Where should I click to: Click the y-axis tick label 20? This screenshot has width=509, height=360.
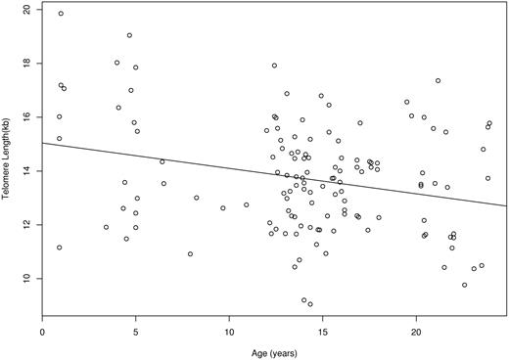click(25, 9)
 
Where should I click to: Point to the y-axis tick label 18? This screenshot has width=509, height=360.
click(25, 63)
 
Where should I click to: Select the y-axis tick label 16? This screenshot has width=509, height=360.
click(25, 116)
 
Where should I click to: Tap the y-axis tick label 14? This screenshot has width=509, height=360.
click(25, 170)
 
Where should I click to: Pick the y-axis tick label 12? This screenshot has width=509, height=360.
click(25, 224)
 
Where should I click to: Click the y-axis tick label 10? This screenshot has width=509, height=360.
click(25, 278)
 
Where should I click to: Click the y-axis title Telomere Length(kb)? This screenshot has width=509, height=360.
click(8, 147)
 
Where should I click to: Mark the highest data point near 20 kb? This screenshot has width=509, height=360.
click(61, 14)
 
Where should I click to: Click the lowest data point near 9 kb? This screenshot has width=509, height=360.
click(310, 304)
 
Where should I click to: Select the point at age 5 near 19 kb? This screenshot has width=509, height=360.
click(129, 35)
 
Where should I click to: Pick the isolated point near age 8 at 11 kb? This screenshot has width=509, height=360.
click(190, 253)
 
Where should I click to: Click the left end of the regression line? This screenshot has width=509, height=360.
click(43, 143)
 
